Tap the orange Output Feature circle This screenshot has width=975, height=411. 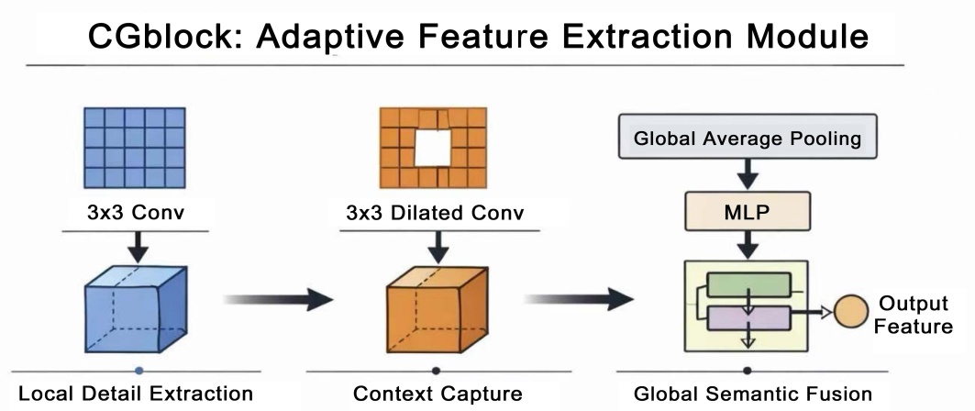tap(849, 313)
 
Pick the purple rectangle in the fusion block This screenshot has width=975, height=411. tap(748, 318)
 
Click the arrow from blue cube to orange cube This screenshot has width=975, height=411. tap(276, 298)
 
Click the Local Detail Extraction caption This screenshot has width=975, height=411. tap(136, 394)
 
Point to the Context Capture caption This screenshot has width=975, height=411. tap(438, 394)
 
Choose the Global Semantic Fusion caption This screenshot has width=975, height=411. tap(754, 394)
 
